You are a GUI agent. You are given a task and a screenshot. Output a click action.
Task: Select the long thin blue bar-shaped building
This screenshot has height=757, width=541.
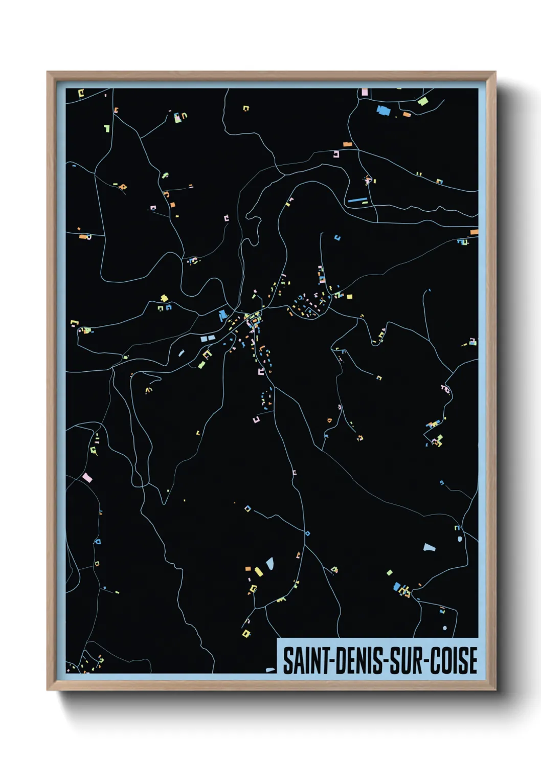[x=357, y=200]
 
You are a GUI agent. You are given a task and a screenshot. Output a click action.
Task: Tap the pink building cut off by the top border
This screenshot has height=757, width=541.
[x=365, y=92]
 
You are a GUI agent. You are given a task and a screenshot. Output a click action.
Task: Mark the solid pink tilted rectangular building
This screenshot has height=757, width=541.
[x=87, y=478]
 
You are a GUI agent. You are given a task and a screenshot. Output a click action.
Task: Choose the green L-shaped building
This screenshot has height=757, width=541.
[x=107, y=128]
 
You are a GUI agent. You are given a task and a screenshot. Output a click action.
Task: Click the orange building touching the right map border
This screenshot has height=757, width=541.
[x=474, y=232]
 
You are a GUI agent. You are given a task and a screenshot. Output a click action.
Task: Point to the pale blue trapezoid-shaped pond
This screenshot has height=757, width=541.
[x=429, y=547]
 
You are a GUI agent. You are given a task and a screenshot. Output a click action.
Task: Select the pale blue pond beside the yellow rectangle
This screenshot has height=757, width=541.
[x=269, y=563]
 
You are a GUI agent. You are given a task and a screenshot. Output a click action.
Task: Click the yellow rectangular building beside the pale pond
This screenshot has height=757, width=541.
[x=259, y=571]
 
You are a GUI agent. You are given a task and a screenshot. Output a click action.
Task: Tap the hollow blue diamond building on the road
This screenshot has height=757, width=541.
[x=248, y=508]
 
